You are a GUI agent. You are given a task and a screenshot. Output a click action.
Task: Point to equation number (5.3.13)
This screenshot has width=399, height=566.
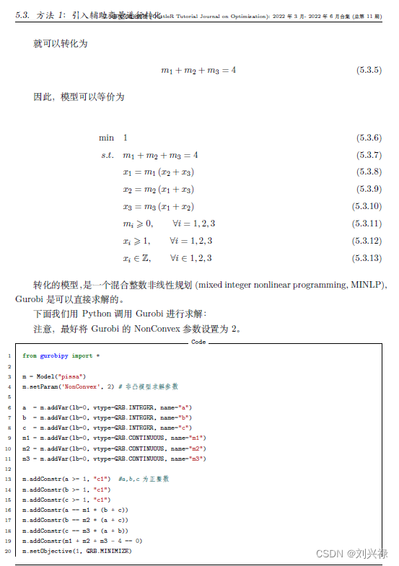[367, 258]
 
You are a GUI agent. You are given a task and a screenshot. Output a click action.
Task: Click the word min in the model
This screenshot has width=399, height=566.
[107, 137]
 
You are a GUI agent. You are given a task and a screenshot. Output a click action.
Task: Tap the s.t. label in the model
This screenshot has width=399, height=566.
[108, 155]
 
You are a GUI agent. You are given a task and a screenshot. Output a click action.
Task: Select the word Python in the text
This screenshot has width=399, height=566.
[96, 314]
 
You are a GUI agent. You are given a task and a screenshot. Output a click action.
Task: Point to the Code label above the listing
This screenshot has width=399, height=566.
[198, 342]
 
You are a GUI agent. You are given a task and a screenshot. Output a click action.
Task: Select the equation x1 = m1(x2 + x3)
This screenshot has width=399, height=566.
[158, 172]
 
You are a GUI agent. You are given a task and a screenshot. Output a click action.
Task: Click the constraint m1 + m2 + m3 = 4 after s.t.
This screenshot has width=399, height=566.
[160, 155]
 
